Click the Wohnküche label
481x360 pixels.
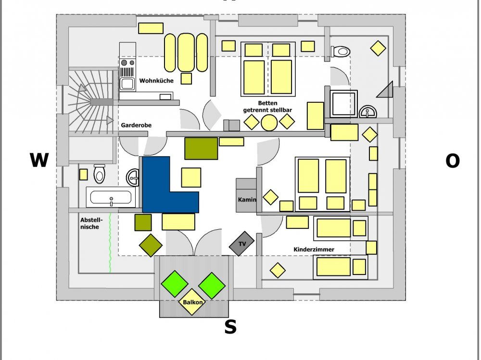(156, 81)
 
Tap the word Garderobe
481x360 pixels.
(136, 125)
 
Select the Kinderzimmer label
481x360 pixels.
(314, 249)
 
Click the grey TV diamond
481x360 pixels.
(241, 244)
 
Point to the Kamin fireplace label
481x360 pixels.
(247, 199)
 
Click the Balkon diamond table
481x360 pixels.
(192, 302)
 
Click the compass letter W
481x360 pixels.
(39, 161)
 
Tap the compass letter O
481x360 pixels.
(452, 161)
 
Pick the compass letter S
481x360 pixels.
(230, 327)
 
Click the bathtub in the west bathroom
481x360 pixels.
(111, 197)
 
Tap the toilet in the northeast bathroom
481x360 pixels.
(341, 51)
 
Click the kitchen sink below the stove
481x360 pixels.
(127, 84)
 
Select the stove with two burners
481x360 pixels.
(127, 63)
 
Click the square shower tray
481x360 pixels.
(344, 103)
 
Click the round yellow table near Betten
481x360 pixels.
(269, 122)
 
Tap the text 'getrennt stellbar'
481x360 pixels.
(267, 110)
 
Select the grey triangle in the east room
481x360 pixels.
(386, 90)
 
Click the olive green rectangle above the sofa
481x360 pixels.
(201, 148)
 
